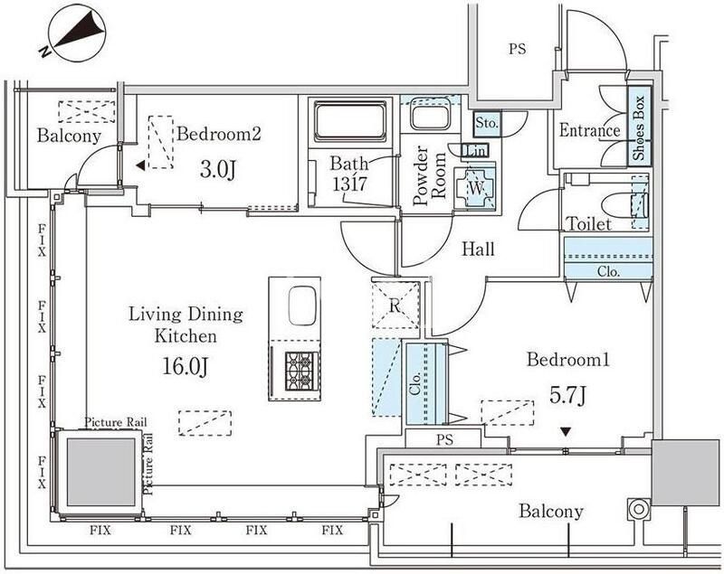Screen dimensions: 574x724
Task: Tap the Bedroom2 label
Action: point(219,135)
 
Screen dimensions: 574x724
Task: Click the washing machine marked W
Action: point(475,186)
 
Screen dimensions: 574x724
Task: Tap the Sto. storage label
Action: point(486,120)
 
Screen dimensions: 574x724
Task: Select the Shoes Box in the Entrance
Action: point(638,128)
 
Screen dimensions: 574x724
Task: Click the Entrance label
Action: point(589,131)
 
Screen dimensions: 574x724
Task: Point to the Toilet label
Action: point(588,223)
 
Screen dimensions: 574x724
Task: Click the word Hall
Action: point(477,249)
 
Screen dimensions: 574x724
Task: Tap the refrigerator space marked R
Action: point(395,305)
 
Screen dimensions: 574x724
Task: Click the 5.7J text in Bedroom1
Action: point(567,394)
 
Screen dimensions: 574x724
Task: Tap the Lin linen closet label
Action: point(474,150)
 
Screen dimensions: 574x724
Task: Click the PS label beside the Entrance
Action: point(516,50)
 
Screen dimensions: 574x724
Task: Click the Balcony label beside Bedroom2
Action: point(69,136)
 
